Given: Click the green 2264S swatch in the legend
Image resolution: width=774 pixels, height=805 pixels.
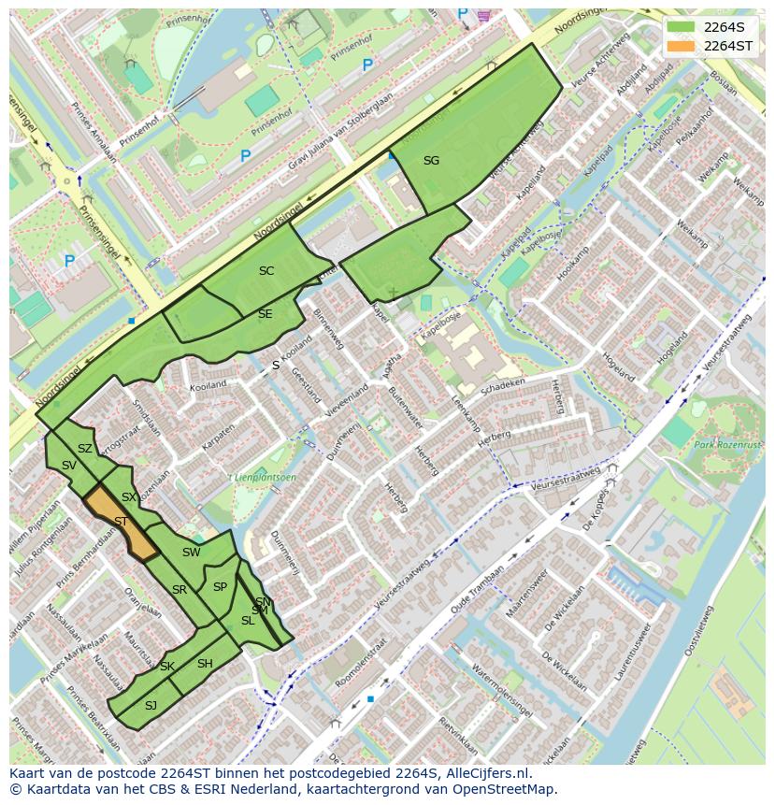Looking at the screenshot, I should pyautogui.click(x=681, y=27).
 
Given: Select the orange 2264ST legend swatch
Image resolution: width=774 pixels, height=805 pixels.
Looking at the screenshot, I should pyautogui.click(x=681, y=46).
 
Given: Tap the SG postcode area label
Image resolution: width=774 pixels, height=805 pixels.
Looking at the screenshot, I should pyautogui.click(x=431, y=161).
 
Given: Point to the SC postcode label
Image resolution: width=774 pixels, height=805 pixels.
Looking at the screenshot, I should pyautogui.click(x=266, y=271).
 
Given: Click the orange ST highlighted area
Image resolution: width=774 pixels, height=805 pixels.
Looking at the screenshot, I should pyautogui.click(x=122, y=522).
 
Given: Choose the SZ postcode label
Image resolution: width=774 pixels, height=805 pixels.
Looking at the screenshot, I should pyautogui.click(x=85, y=449).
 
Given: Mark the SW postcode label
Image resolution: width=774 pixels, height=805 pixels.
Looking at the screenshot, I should pyautogui.click(x=192, y=553).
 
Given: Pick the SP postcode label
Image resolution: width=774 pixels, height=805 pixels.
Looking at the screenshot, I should pyautogui.click(x=220, y=587).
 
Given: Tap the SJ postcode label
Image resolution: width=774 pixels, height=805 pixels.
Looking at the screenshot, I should pyautogui.click(x=150, y=705).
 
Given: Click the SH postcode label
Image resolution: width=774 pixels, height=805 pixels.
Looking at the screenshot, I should pyautogui.click(x=205, y=664).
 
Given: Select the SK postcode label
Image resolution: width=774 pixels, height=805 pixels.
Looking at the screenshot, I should pyautogui.click(x=167, y=667).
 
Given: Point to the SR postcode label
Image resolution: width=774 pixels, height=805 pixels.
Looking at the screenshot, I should pyautogui.click(x=179, y=590).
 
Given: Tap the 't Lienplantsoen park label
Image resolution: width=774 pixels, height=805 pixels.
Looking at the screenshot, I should pyautogui.click(x=263, y=478).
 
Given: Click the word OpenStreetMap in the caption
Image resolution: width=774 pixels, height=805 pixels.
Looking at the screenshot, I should pyautogui.click(x=509, y=789).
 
